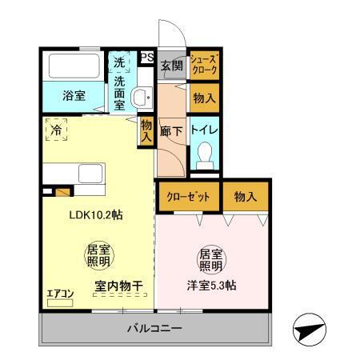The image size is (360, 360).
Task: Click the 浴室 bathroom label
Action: point(74,96)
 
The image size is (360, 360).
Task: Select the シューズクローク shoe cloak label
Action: point(203,64)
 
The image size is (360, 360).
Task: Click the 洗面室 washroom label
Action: point(120,92)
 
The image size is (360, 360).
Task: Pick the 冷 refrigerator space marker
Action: point(57,128)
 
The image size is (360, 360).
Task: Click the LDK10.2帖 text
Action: point(94,216)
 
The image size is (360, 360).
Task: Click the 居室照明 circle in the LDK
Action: point(97,256)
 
